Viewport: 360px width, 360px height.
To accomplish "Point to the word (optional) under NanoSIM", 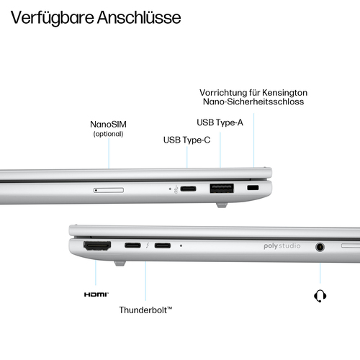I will click(109, 133).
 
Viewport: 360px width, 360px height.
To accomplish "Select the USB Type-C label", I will click(186, 140).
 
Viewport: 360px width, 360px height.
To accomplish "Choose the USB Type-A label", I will click(220, 122).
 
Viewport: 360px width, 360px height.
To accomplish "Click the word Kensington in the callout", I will click(284, 93).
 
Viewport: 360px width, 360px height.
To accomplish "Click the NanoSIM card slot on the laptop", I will click(109, 190).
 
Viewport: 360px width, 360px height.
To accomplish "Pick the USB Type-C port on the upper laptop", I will click(187, 189).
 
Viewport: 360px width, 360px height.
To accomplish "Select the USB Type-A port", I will click(221, 189).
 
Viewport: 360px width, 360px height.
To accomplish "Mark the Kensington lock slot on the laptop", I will click(253, 189).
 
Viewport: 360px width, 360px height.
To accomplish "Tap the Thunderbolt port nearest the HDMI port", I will click(133, 246).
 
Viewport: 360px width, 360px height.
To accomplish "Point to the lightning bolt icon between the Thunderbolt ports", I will click(147, 246).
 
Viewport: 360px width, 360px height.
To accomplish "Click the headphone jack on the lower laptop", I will click(319, 247).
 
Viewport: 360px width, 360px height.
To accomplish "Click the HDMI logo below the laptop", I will click(95, 294).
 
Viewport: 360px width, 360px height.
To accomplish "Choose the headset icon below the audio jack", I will click(319, 295).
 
